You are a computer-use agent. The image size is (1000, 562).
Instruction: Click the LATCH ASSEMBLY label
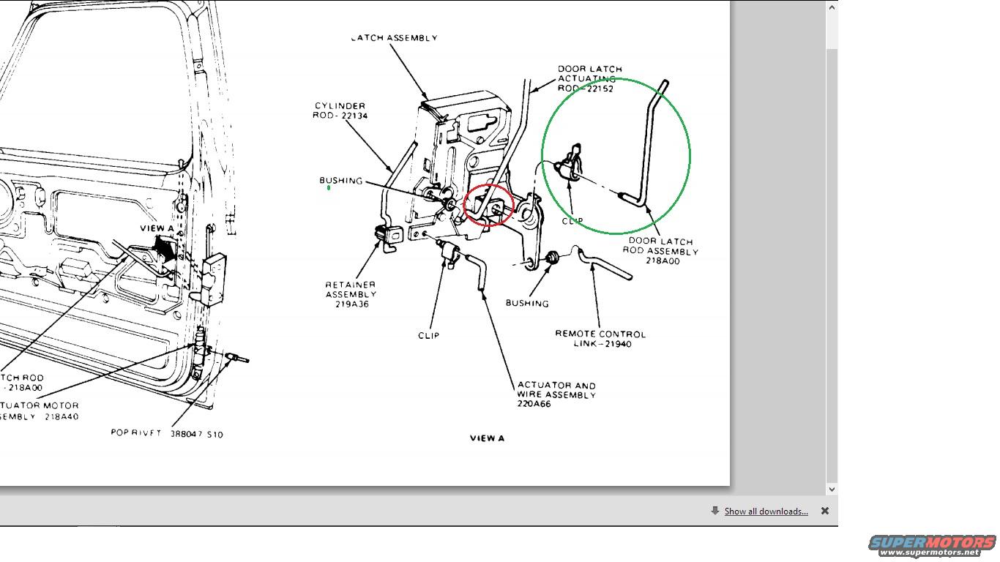(395, 38)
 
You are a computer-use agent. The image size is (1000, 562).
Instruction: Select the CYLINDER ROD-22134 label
(341, 110)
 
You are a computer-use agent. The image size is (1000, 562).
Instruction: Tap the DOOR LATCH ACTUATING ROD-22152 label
(590, 79)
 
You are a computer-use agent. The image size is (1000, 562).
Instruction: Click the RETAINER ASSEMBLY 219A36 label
(351, 294)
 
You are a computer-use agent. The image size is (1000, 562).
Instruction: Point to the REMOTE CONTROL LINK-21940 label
(600, 339)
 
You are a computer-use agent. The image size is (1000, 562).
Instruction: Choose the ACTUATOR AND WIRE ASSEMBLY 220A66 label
(556, 394)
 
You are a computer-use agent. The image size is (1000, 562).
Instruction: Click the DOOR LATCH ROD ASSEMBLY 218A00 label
(661, 251)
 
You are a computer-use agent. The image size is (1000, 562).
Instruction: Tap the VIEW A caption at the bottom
(487, 438)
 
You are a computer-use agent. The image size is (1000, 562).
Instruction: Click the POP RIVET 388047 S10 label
(167, 433)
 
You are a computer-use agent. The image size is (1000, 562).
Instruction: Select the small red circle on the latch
(488, 206)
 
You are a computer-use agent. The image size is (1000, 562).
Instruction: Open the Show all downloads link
(766, 512)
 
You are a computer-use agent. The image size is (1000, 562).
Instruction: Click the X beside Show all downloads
(825, 512)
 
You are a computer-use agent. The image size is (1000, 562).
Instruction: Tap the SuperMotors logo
(933, 545)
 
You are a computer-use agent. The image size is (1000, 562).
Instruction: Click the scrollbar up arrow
(832, 8)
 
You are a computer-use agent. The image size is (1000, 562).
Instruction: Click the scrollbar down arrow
(832, 489)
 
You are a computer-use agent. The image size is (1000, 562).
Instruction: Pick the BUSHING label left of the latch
(341, 181)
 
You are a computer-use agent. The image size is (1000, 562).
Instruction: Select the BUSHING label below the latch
(527, 303)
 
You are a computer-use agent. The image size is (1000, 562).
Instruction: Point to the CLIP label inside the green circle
(572, 221)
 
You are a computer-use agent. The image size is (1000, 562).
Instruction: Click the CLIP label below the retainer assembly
(429, 336)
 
